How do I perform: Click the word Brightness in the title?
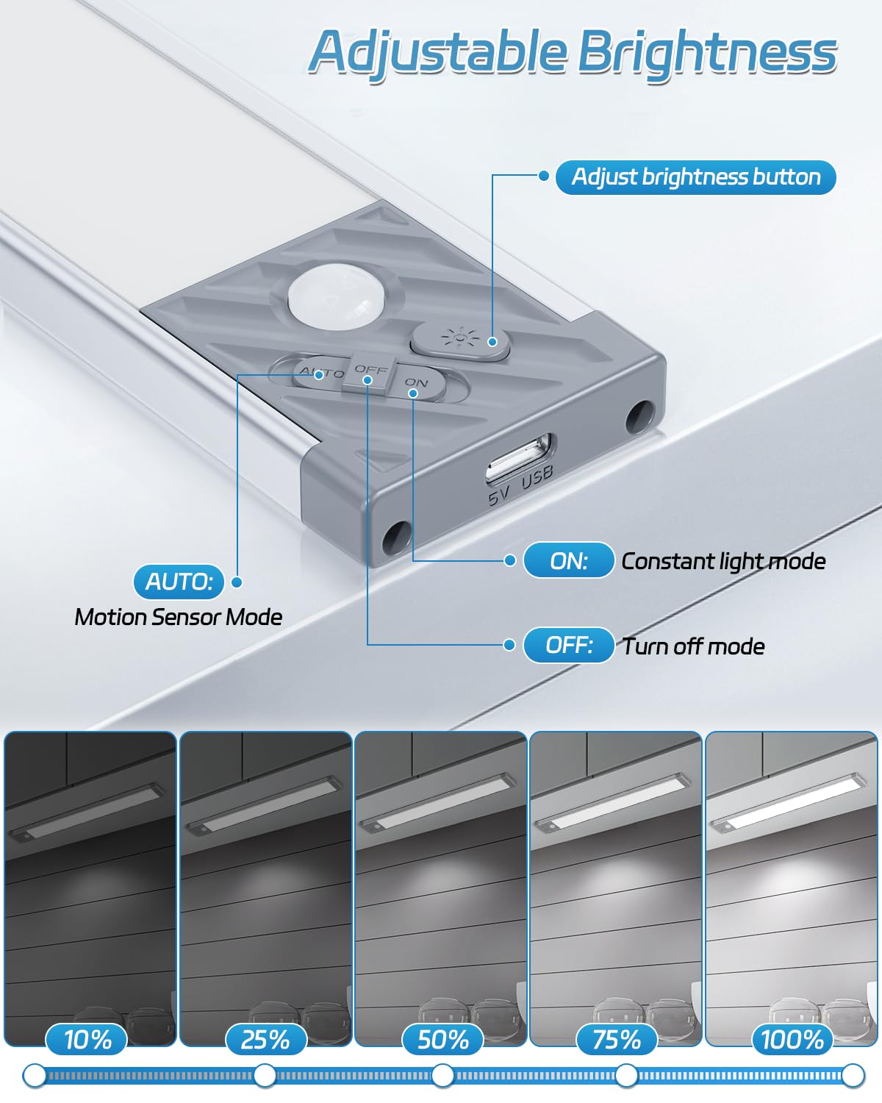707,53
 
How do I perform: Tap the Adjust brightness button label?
695,176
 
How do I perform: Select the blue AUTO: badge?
179,582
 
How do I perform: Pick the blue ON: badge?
568,560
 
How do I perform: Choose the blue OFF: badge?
568,645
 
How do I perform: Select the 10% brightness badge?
87,1040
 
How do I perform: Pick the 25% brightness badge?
265,1040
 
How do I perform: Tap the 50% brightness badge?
442,1040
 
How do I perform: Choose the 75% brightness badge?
617,1040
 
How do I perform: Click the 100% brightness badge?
792,1040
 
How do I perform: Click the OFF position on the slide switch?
369,371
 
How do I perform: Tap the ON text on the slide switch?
416,382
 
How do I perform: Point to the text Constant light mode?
723,562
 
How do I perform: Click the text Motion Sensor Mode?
179,617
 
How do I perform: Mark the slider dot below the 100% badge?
853,1075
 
